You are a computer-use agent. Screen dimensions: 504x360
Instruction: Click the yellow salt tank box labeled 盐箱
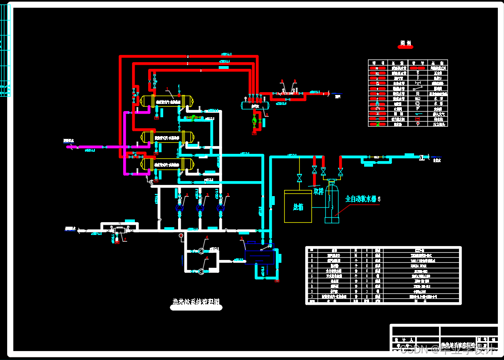point(298,206)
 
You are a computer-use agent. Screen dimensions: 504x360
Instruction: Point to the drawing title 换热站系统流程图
point(195,303)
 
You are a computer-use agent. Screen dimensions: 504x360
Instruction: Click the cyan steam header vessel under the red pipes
point(255,104)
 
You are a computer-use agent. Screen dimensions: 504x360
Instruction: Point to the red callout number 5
point(379,198)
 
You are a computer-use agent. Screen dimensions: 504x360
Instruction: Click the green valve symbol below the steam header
point(255,120)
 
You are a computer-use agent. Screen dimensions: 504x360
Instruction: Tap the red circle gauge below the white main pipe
point(181,236)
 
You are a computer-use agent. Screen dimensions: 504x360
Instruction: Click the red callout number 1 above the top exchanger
point(166,88)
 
